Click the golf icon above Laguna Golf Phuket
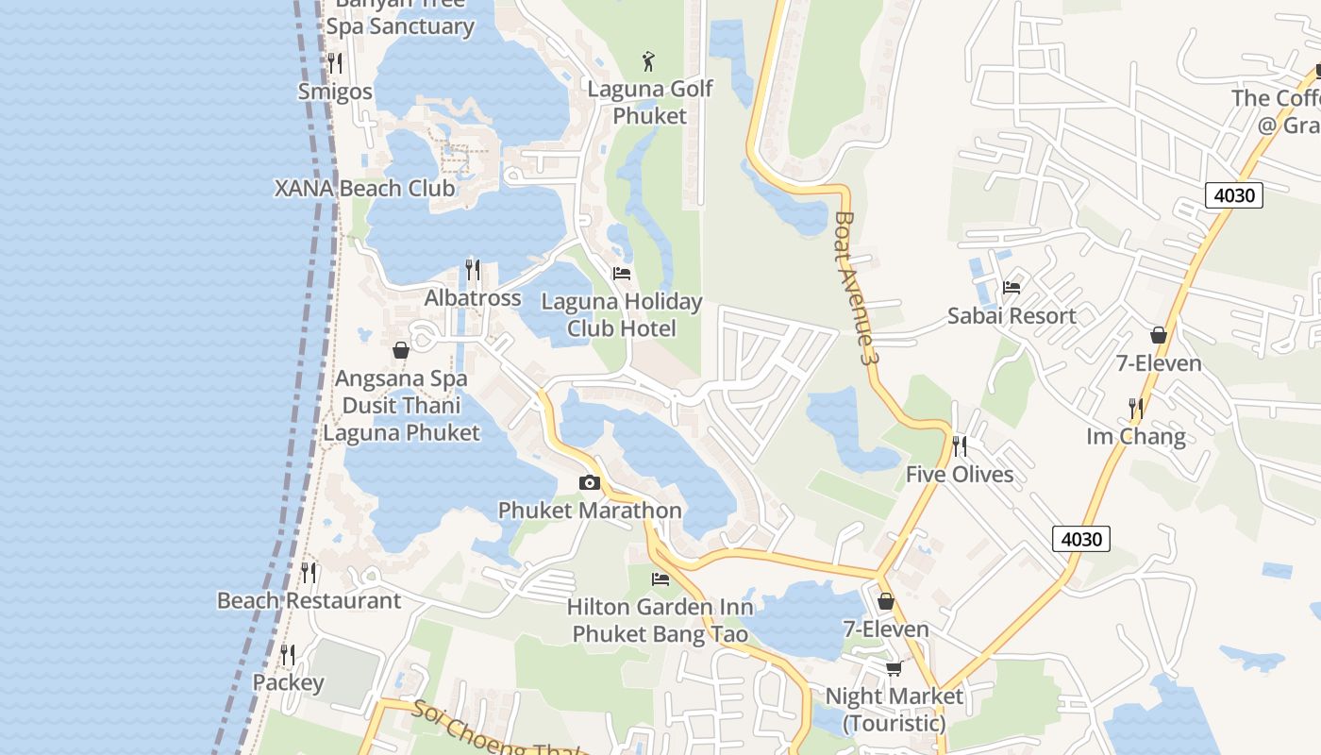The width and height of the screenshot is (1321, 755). pyautogui.click(x=648, y=62)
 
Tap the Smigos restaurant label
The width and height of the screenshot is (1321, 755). pyautogui.click(x=335, y=92)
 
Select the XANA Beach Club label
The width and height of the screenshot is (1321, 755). pyautogui.click(x=364, y=188)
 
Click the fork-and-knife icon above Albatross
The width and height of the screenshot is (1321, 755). pyautogui.click(x=473, y=270)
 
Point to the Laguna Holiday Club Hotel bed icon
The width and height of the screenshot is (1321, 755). pyautogui.click(x=622, y=274)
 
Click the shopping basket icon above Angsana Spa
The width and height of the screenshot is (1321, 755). pyautogui.click(x=401, y=350)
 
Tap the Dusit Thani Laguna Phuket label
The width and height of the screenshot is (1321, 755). pyautogui.click(x=402, y=419)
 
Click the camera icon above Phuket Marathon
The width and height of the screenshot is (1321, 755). pyautogui.click(x=590, y=483)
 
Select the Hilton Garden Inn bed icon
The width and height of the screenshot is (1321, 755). pyautogui.click(x=660, y=579)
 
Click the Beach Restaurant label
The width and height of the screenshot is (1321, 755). pyautogui.click(x=309, y=600)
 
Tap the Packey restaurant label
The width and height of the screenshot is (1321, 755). pyautogui.click(x=288, y=682)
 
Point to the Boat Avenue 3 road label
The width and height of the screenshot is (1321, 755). pyautogui.click(x=853, y=288)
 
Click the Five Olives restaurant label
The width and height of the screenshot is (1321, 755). pyautogui.click(x=960, y=474)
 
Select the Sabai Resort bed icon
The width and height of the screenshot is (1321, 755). pyautogui.click(x=1012, y=287)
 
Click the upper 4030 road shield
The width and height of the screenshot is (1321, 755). pyautogui.click(x=1234, y=195)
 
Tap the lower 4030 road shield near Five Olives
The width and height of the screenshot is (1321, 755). pyautogui.click(x=1081, y=539)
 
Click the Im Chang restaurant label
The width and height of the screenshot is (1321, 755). pyautogui.click(x=1136, y=436)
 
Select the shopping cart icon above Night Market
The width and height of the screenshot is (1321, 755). pyautogui.click(x=894, y=668)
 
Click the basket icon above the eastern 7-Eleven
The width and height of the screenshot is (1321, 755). pyautogui.click(x=1159, y=335)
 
